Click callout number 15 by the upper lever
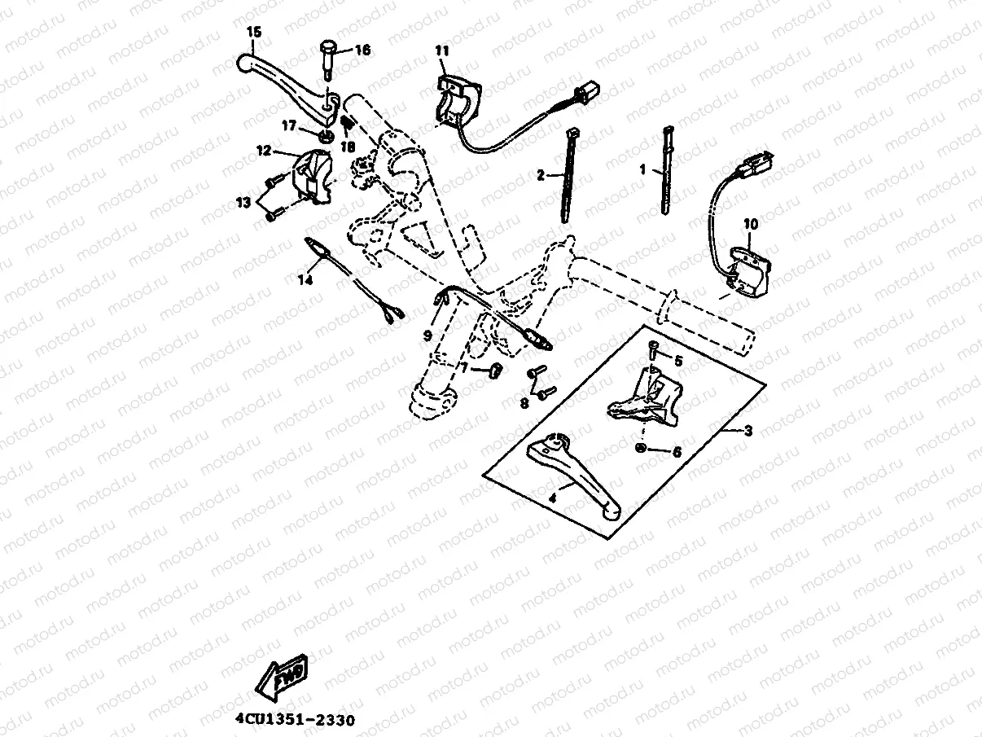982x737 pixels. [253, 32]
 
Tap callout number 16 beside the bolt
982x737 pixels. [362, 50]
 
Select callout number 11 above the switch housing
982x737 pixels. [441, 50]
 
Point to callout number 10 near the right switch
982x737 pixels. [750, 222]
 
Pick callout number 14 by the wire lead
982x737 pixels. [305, 280]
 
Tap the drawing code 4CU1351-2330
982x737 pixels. [295, 721]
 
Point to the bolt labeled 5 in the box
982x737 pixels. [653, 352]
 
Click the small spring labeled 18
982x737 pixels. [345, 123]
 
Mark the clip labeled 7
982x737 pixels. [493, 371]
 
